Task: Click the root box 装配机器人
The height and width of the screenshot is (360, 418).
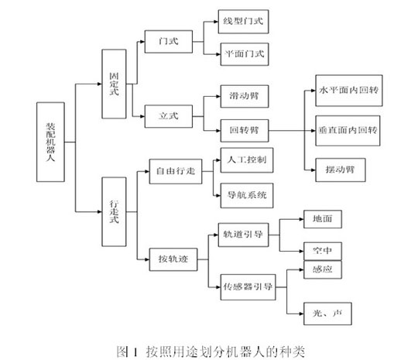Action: (x=50, y=142)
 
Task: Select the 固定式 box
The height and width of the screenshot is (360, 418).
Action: (x=114, y=84)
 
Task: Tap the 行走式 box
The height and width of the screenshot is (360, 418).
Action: (x=114, y=211)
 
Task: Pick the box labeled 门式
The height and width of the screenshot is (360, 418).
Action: (x=169, y=42)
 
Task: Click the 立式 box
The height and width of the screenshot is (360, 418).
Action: (x=169, y=116)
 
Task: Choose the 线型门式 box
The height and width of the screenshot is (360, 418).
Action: (x=243, y=22)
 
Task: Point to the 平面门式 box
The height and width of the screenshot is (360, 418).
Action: (x=245, y=54)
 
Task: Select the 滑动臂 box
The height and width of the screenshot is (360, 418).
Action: (x=245, y=96)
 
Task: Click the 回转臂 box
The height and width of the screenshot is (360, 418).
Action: (x=245, y=131)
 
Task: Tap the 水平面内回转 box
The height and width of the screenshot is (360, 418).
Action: (x=349, y=91)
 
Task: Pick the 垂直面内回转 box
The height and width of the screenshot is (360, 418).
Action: (x=348, y=131)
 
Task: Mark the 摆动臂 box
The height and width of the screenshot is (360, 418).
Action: (x=341, y=170)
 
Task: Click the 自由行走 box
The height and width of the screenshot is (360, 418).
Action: (x=176, y=171)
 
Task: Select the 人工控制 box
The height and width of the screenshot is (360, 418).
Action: (x=247, y=160)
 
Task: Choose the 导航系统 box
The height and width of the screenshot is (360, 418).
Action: (x=247, y=195)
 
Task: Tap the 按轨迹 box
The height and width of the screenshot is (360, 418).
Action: (x=173, y=259)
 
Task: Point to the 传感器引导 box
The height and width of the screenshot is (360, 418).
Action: (x=248, y=287)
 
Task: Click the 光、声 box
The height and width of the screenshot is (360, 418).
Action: (x=327, y=314)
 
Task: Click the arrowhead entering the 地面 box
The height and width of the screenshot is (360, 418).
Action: (x=302, y=219)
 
